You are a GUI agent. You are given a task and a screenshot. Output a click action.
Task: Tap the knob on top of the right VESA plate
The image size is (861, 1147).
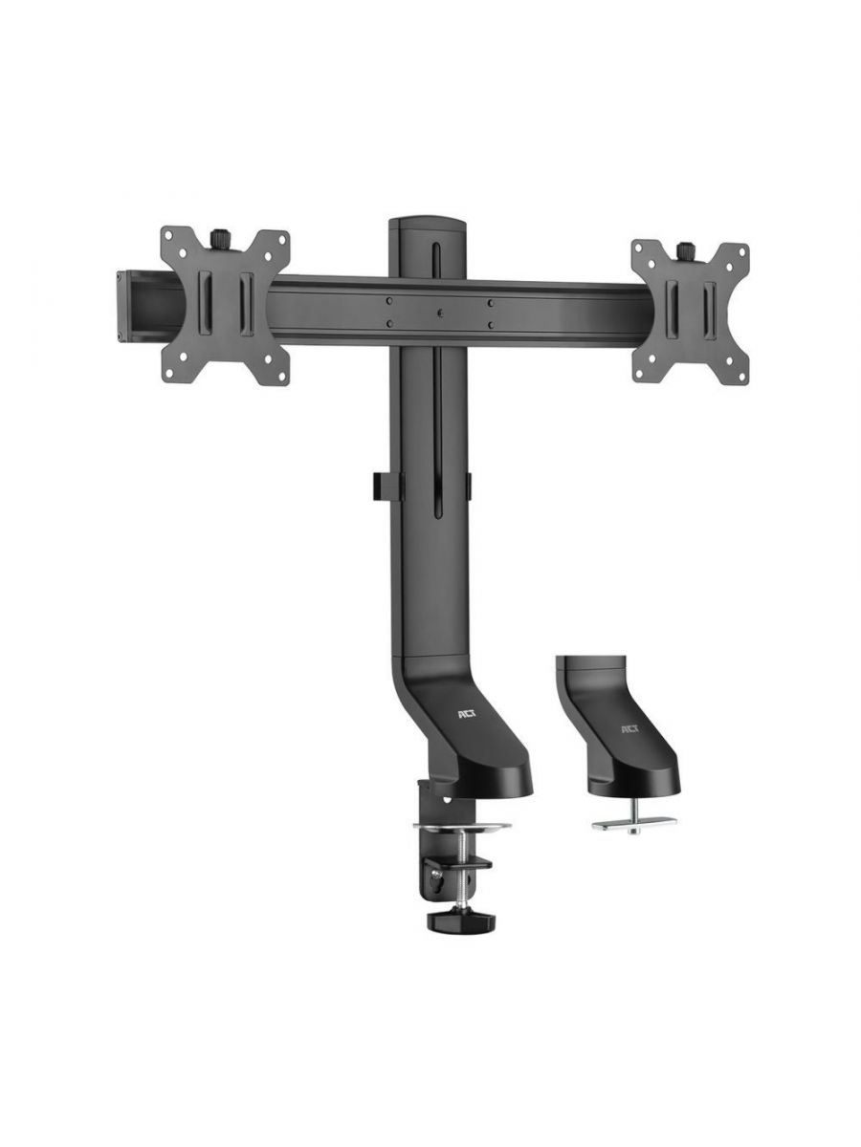point(686,250)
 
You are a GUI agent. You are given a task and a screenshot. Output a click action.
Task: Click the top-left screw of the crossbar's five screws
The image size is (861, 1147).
point(389,300)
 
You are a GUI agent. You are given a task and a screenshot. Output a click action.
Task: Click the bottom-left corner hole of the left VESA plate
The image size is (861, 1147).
point(175,374)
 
